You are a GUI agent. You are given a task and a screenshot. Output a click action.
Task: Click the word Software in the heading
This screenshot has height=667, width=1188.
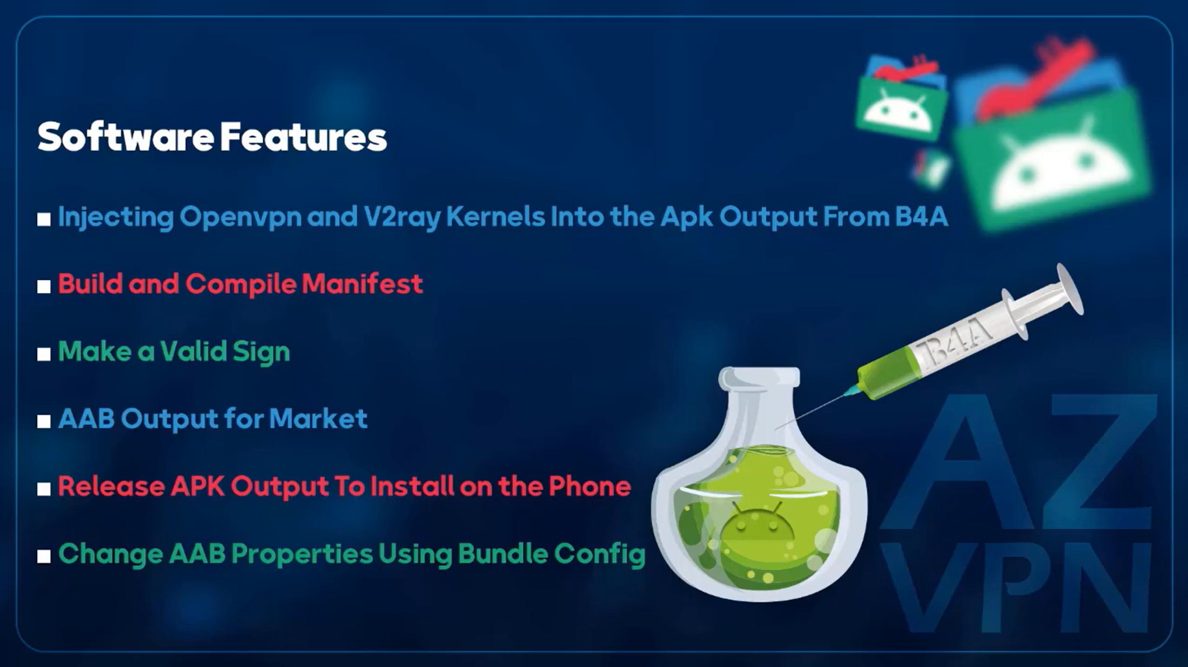point(126,137)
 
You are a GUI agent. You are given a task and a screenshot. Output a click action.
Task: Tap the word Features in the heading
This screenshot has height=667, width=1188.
point(304,137)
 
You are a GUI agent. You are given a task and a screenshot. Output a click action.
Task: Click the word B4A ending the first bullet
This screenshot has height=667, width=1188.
point(921,217)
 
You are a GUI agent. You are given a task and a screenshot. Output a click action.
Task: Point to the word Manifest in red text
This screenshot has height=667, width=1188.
point(362,284)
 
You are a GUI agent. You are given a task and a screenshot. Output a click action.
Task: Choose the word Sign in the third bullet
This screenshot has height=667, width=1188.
point(261,352)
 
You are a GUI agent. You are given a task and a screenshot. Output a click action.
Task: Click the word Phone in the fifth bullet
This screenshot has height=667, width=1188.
point(590,486)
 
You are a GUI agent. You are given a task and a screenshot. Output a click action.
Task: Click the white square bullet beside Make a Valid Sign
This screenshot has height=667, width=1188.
point(43,354)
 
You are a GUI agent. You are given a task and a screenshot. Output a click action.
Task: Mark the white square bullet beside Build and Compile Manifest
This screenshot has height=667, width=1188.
point(43,286)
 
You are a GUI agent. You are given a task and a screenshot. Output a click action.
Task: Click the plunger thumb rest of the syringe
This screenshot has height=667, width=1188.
point(1070,289)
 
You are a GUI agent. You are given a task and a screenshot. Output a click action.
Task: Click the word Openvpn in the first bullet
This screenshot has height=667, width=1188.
point(240,217)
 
